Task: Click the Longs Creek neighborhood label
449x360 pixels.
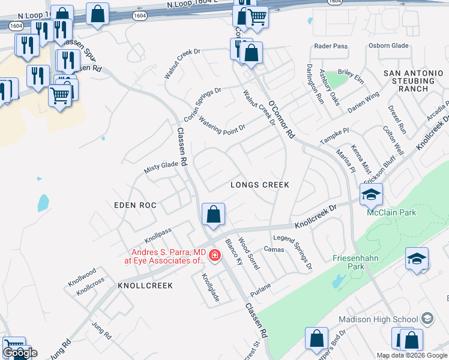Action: coord(260,185)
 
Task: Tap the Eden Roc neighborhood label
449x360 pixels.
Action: coord(135,205)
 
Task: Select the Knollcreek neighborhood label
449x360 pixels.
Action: coord(145,286)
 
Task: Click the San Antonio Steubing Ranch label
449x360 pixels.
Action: coord(414,80)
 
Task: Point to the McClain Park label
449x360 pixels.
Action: coord(392,212)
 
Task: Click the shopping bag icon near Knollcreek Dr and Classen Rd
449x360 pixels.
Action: coord(213,214)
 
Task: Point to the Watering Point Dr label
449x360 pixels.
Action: coord(222,124)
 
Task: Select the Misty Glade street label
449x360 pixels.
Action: coord(161,168)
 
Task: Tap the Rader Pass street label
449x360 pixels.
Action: coord(331,46)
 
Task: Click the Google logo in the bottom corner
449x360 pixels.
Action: coord(19,352)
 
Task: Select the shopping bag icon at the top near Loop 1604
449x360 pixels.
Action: coord(97,14)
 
